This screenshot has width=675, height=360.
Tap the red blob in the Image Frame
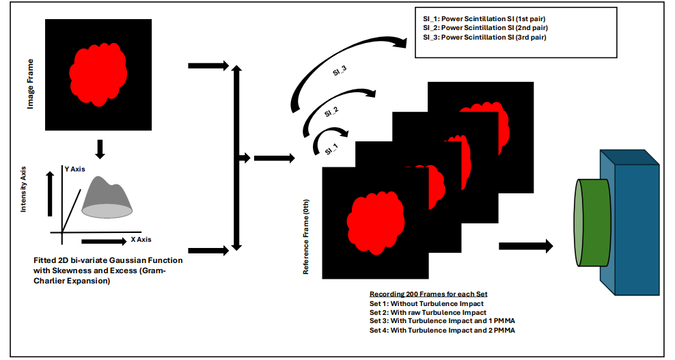coord(97,74)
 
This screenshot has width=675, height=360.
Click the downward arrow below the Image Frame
coord(100,148)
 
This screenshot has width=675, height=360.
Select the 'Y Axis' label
coord(76,168)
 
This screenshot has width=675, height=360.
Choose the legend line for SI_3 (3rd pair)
coord(486,37)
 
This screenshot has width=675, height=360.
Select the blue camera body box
coord(632,219)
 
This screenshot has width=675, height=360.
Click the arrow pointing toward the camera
coord(525,247)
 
